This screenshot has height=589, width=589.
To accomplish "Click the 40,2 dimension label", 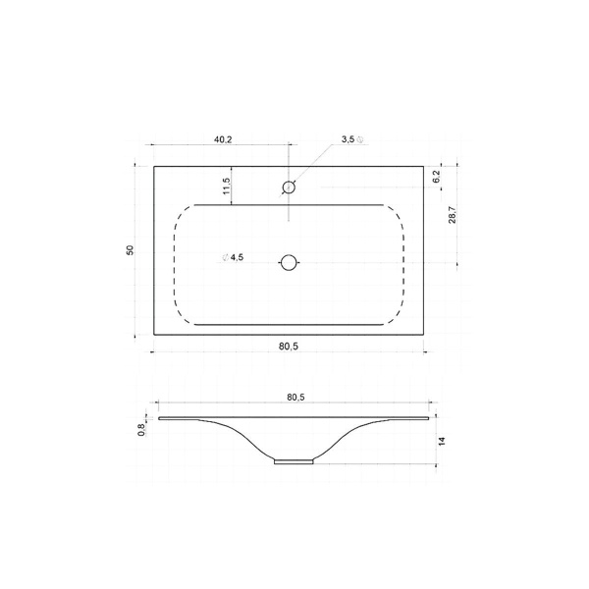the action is tap(223, 139).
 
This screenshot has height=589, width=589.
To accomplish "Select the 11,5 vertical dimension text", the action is tap(227, 186).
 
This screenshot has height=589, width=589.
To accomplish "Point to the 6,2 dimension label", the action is tap(436, 177).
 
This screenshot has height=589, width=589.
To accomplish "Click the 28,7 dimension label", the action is tap(453, 215).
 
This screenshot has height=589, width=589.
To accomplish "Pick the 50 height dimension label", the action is tap(130, 250).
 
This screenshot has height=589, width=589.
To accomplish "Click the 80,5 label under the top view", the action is tap(289, 347).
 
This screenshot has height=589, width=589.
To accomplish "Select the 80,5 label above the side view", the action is tap(295, 397).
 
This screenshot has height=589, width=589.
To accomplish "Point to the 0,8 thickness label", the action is tap(141, 430).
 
